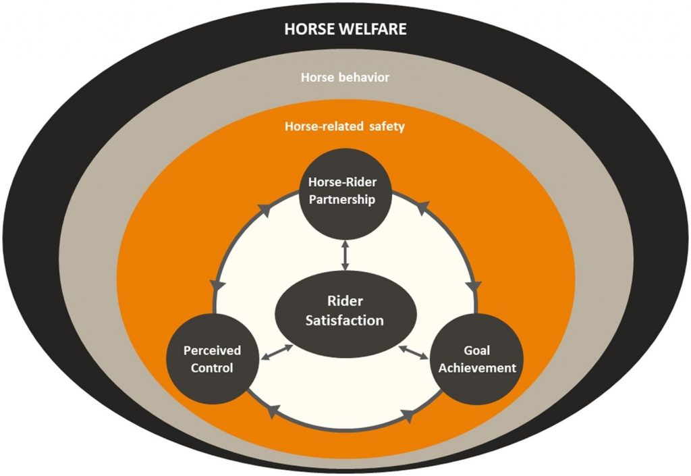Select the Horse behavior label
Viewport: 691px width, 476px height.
click(x=345, y=78)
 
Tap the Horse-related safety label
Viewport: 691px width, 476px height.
click(x=345, y=126)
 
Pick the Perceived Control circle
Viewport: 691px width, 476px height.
click(x=208, y=359)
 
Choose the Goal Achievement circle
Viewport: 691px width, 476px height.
click(x=476, y=359)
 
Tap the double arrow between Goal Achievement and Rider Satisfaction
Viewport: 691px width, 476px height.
click(x=414, y=352)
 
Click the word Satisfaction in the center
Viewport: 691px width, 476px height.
click(x=344, y=321)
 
